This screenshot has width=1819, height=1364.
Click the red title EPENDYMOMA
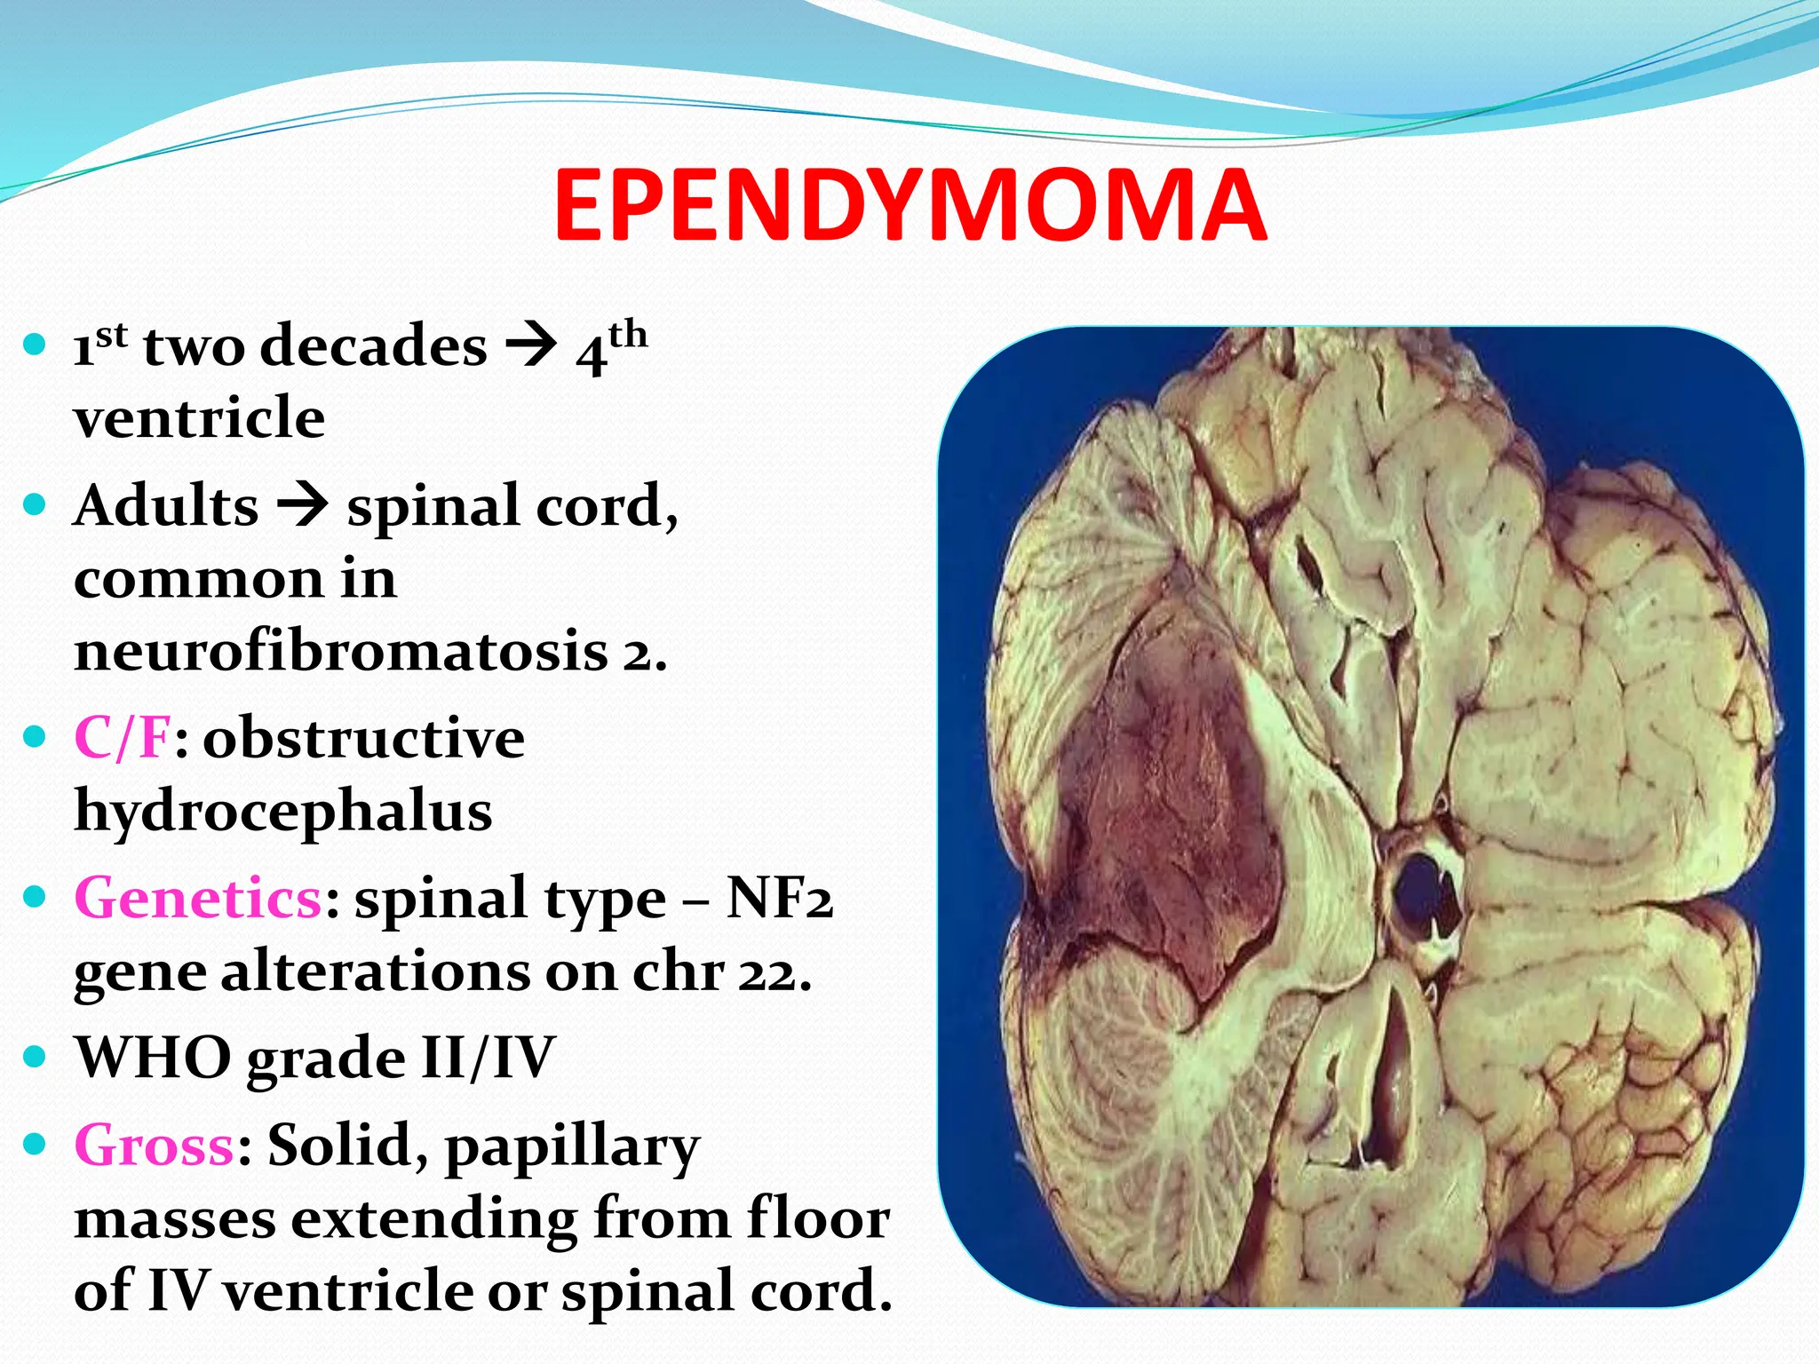909,206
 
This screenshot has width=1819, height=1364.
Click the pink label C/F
122,737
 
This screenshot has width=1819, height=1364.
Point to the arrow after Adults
302,507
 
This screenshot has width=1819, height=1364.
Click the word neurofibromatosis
341,651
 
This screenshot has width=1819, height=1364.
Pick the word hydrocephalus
282,811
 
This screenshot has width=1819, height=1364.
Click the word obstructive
364,737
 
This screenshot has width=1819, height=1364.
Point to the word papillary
573,1146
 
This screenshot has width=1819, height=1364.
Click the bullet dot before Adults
35,505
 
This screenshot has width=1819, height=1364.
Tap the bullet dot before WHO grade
35,1057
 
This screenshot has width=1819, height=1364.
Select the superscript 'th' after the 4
628,334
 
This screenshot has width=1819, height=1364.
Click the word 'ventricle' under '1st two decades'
199,417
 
